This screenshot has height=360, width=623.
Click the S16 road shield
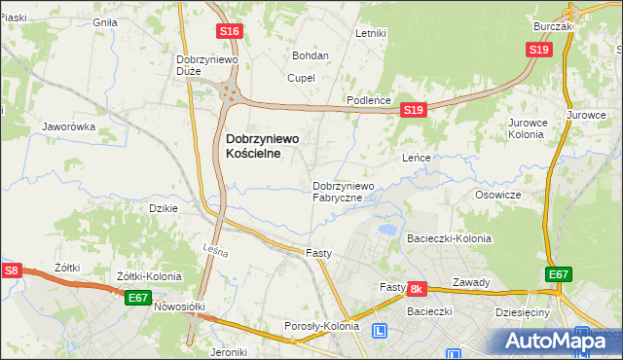[229, 31]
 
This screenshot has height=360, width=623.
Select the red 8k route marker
[417, 289]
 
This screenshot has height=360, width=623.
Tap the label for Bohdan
[311, 56]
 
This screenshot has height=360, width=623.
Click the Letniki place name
[371, 33]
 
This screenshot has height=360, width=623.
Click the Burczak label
[552, 27]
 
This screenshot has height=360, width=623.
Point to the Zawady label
[471, 283]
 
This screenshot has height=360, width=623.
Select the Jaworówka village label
[68, 126]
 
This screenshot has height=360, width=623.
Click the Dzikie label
[163, 208]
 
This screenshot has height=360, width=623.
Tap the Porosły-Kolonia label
[321, 326]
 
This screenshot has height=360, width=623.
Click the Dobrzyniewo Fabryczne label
[343, 192]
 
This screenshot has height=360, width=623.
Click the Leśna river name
[215, 253]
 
